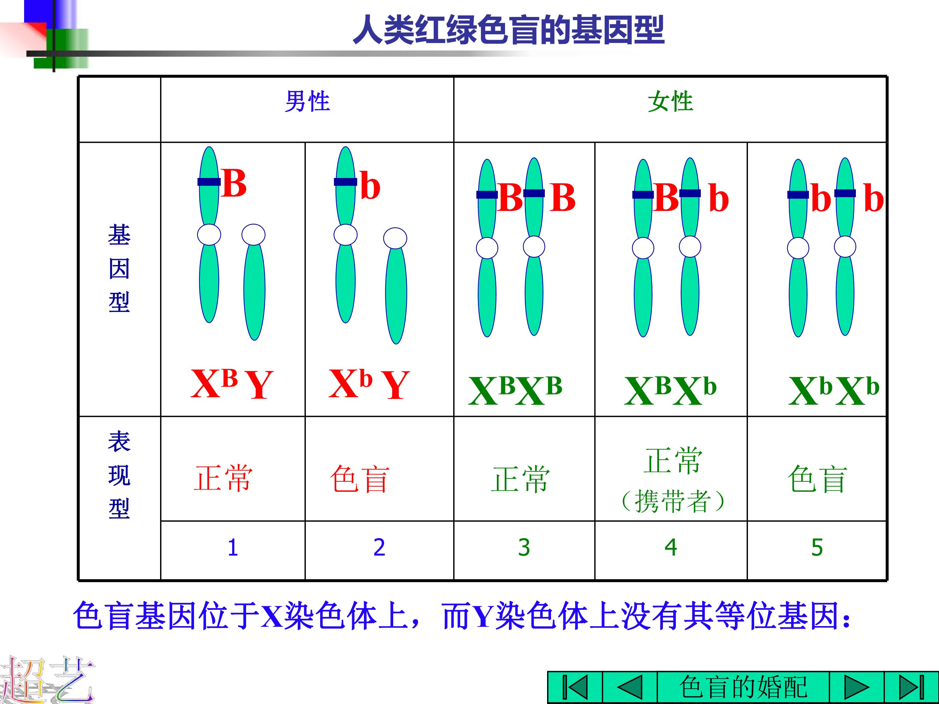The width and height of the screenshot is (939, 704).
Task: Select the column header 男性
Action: (307, 102)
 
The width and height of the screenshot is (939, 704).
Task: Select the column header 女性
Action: (670, 102)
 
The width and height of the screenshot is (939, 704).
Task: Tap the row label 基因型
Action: (119, 269)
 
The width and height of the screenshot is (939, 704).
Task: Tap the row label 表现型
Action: (119, 475)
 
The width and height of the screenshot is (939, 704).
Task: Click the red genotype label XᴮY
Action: (232, 383)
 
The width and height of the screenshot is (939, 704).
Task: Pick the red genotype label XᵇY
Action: (369, 383)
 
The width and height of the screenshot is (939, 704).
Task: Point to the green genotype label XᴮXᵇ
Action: (671, 390)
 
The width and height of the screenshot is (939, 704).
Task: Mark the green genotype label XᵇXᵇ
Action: (834, 390)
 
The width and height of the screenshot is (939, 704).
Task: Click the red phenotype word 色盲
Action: (360, 479)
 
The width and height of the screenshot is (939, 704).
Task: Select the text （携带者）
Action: (672, 501)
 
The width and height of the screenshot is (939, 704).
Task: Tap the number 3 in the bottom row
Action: (524, 548)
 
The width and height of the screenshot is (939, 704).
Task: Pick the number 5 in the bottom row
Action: (817, 548)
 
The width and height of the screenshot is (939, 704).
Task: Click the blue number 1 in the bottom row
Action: (232, 548)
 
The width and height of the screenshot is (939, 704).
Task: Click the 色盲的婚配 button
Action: (743, 687)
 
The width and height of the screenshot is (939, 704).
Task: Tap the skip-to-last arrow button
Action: (911, 687)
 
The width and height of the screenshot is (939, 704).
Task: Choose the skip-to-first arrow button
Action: (575, 687)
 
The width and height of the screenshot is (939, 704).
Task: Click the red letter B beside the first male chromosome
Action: (234, 183)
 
